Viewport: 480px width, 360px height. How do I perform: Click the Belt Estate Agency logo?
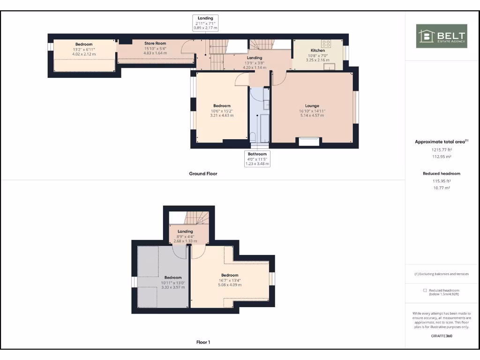tap(442, 36)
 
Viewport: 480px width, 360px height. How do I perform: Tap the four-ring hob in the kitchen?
tap(326, 44)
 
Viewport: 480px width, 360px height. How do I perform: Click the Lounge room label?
tap(312, 106)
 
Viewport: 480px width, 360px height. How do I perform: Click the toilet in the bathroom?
tap(253, 137)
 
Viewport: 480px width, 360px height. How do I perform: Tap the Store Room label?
tap(155, 43)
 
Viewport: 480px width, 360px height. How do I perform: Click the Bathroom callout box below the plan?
tap(257, 159)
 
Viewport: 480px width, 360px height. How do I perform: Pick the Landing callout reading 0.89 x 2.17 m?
tap(205, 23)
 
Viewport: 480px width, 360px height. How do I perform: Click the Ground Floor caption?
tap(203, 173)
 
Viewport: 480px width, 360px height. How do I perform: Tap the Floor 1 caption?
tap(203, 342)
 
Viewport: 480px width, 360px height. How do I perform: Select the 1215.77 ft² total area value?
tap(441, 150)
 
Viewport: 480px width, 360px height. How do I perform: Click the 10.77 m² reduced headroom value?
tap(441, 187)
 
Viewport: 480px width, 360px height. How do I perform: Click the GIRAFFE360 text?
tap(441, 336)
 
